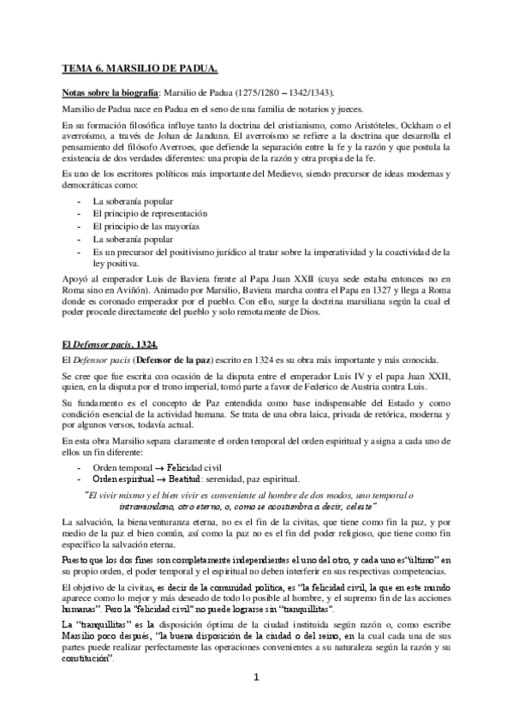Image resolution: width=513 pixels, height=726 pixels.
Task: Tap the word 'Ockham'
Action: pos(409,124)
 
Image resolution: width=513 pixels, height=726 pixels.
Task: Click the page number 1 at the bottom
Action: pos(257,677)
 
